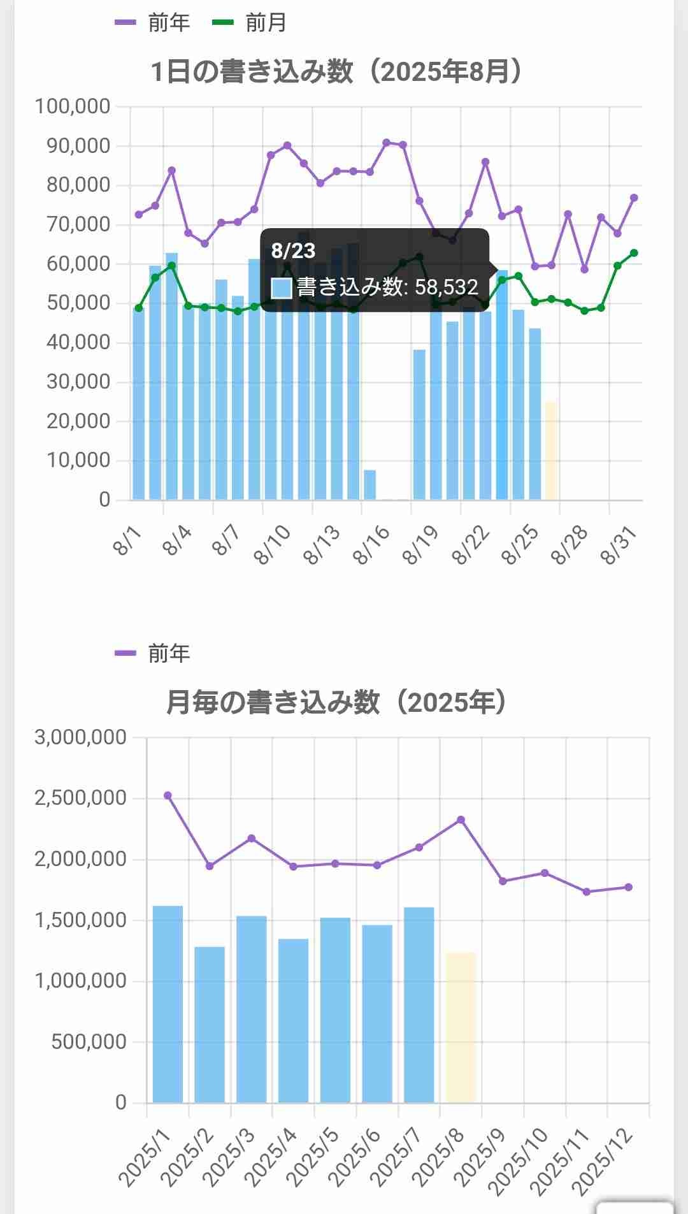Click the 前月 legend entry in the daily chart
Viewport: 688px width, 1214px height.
[x=249, y=23]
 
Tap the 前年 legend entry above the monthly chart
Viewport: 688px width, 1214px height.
[x=153, y=653]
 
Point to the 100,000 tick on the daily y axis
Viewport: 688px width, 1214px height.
[x=73, y=106]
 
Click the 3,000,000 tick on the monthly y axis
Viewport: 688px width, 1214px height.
[x=80, y=737]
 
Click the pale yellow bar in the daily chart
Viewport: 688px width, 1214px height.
[x=552, y=451]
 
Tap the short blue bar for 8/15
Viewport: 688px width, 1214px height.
[x=369, y=485]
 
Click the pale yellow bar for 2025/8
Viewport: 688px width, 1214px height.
[x=461, y=1027]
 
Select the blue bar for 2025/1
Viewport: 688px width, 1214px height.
[x=168, y=1004]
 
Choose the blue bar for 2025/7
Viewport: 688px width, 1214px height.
[x=419, y=1004]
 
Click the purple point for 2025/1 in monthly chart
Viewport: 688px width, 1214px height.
[x=168, y=795]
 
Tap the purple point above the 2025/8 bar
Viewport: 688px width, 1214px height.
[x=461, y=820]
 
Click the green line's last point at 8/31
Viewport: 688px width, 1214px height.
[x=634, y=253]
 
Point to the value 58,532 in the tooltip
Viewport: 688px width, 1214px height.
[x=446, y=287]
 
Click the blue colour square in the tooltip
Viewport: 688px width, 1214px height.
[x=281, y=287]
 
